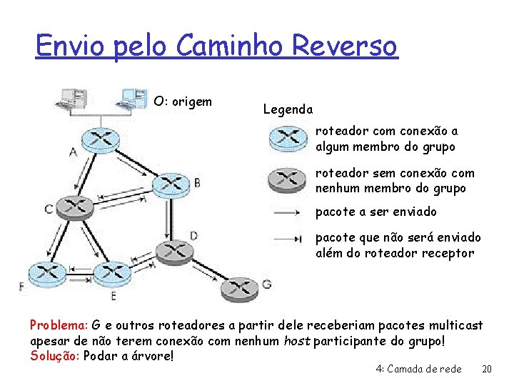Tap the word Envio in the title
click(x=61, y=46)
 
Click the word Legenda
click(x=288, y=109)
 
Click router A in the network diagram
click(x=100, y=138)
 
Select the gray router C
click(x=74, y=207)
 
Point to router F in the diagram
click(x=46, y=274)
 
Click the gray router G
click(x=240, y=288)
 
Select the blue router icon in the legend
click(x=289, y=139)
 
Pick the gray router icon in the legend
click(x=289, y=180)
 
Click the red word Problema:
click(x=59, y=325)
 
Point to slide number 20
click(x=487, y=369)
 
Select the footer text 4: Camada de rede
click(x=418, y=369)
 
